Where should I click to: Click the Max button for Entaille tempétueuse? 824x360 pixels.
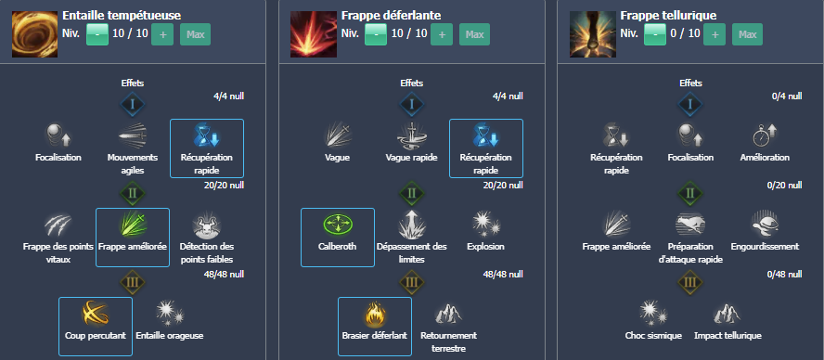point(196,35)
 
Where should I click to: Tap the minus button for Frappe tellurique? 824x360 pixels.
point(654,35)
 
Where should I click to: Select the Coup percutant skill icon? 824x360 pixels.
point(95,313)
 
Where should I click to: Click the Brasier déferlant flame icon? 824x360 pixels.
point(374,313)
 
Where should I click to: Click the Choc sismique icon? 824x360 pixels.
point(652,313)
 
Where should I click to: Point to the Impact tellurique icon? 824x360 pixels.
point(727,313)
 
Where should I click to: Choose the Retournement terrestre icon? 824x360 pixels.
point(448,313)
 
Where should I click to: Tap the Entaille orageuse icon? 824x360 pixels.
point(169,313)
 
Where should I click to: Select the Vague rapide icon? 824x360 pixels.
point(411,135)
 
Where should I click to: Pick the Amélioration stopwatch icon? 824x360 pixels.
point(764,135)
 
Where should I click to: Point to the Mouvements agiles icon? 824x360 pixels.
point(133,135)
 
